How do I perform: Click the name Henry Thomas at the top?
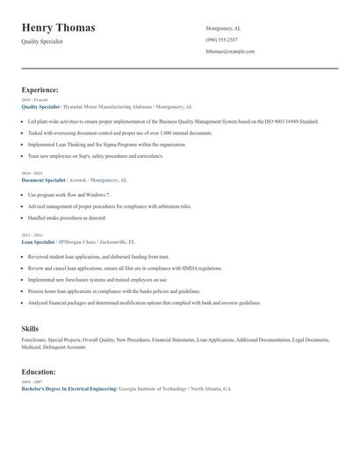[58, 28]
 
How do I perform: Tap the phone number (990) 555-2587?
[221, 39]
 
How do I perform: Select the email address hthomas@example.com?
[230, 52]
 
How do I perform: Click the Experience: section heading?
[40, 89]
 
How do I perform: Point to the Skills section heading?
[30, 328]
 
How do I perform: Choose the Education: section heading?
[39, 371]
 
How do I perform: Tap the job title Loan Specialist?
[38, 240]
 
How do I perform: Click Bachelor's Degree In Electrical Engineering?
[68, 389]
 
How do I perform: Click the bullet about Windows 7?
[68, 195]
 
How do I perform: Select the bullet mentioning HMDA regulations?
[125, 268]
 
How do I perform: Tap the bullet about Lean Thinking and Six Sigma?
[107, 144]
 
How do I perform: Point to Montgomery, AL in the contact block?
[223, 28]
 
